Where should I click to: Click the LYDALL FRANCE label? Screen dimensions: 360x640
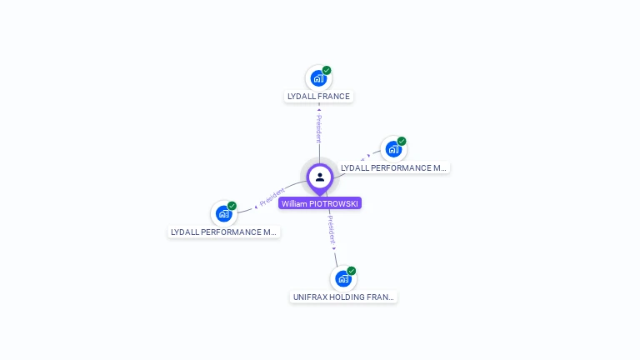pos(318,97)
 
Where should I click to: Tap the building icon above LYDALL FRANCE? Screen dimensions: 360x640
pos(317,78)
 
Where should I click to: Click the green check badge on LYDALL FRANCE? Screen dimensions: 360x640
pos(327,71)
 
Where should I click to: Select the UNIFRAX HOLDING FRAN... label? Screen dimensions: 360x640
pos(343,297)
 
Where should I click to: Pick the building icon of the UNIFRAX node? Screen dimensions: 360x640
pos(342,278)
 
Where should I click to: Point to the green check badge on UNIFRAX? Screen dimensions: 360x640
pos(352,271)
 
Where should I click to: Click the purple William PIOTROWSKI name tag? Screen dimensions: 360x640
pos(320,203)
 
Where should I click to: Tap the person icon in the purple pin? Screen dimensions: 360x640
pos(320,177)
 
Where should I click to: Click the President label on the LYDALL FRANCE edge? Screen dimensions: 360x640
pos(318,128)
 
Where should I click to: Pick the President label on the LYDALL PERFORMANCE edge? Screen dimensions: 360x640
pos(272,197)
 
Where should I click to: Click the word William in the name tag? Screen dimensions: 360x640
pos(295,203)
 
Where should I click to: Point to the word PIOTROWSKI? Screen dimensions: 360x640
pos(334,203)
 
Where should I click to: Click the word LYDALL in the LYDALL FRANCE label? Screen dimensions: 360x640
pos(301,97)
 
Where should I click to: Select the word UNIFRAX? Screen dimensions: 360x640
pos(311,297)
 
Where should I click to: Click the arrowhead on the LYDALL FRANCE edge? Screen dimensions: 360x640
pos(318,109)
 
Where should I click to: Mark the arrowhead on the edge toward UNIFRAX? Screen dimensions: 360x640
pos(334,248)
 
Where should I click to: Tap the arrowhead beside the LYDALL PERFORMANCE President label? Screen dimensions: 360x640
pos(256,206)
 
